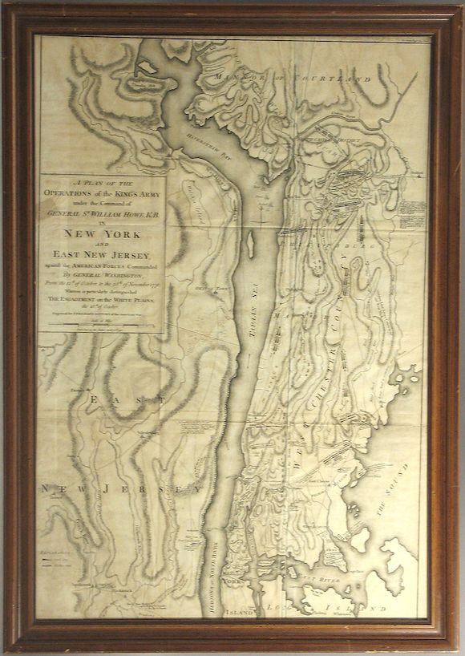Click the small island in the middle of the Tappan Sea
coord(251,242)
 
